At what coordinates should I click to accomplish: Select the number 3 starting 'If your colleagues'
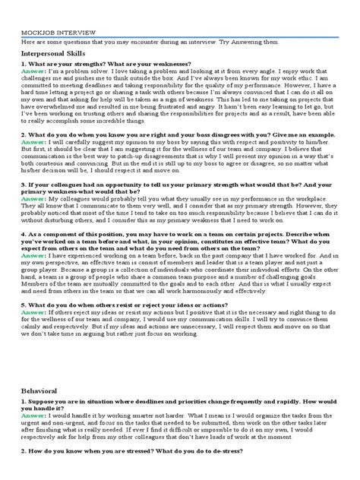(25, 184)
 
